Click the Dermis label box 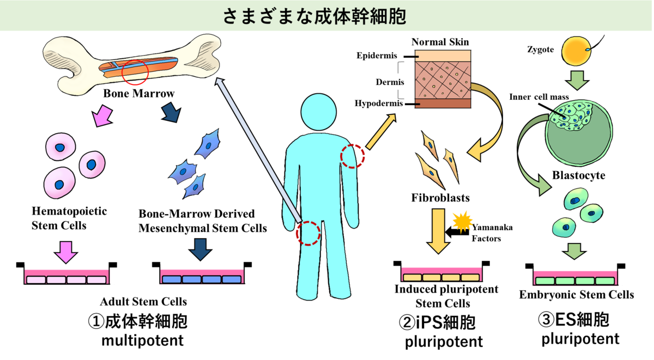390,82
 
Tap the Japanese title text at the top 314,16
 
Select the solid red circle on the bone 135,72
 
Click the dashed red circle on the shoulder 353,156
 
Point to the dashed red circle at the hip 308,233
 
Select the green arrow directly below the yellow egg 577,80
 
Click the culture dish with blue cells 202,277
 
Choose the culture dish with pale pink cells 66,277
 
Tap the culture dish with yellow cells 441,274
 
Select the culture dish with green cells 575,278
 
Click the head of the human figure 319,112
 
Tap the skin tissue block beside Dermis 443,79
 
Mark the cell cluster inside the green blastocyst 572,115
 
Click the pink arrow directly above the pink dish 66,252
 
